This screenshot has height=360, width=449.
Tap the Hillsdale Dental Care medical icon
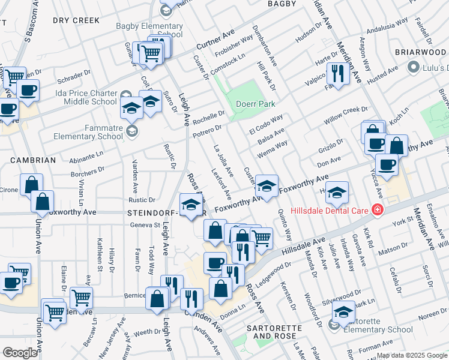coord(376,210)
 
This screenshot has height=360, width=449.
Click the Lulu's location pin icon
coord(413,68)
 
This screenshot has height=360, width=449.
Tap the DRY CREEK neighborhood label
coord(76,20)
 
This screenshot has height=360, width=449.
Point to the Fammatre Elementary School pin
coord(133,131)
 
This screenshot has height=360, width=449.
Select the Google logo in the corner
coord(20,353)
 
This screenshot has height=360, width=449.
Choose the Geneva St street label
coord(146,226)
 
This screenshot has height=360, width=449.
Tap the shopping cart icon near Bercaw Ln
coord(81,296)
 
